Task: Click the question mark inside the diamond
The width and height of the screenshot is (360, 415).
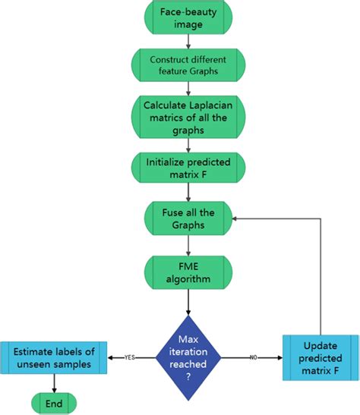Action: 188,375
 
